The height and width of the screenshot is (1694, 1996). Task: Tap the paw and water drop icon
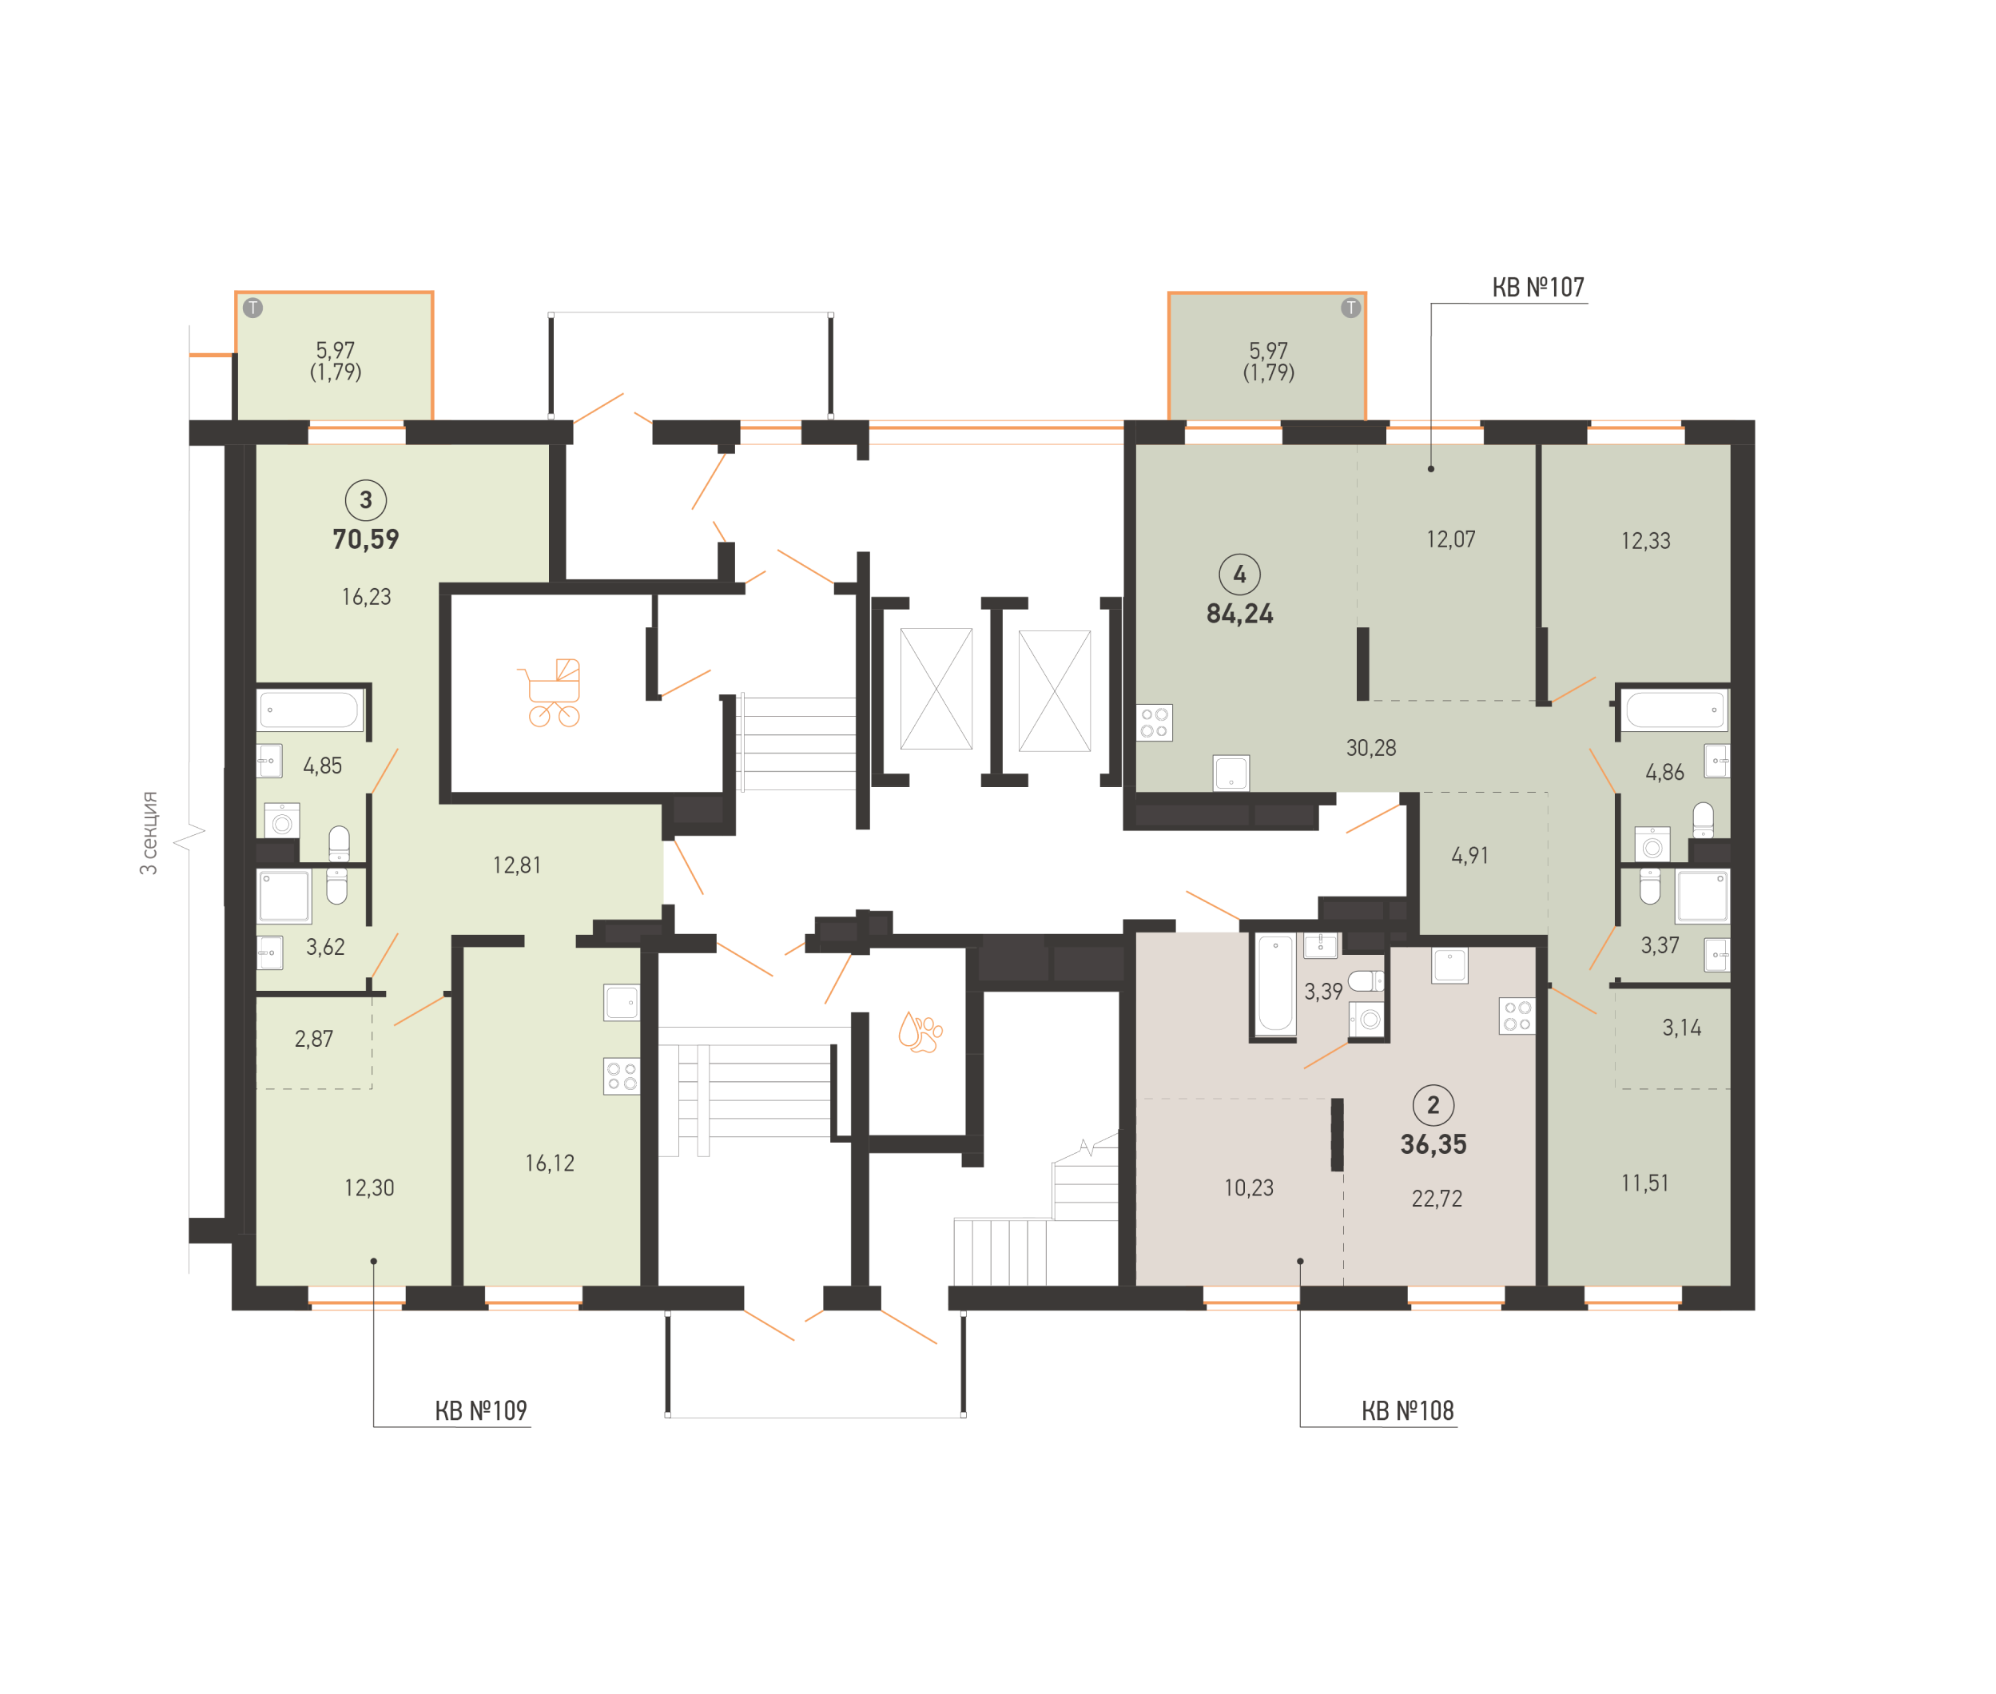[920, 1032]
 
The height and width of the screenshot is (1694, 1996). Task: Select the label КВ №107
[1537, 287]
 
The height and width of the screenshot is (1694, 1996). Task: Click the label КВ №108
[1406, 1410]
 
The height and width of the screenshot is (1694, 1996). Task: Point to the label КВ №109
[480, 1410]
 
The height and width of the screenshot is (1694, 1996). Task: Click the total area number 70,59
[366, 539]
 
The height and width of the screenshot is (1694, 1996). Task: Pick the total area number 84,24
[1239, 614]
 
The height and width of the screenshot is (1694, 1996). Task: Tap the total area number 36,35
[1433, 1143]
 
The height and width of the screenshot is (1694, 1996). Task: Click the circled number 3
[366, 499]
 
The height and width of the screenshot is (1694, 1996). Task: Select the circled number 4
[1239, 575]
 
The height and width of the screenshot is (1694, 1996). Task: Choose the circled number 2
[1433, 1104]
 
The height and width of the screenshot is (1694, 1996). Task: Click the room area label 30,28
[1370, 748]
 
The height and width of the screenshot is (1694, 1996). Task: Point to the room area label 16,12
[549, 1163]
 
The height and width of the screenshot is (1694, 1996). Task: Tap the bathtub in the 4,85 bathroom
[310, 710]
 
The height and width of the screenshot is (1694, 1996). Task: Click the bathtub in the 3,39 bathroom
[1275, 982]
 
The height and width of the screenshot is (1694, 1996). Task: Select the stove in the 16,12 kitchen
[621, 1076]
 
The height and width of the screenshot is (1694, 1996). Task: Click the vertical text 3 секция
[149, 833]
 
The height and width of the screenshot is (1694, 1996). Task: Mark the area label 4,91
[1469, 856]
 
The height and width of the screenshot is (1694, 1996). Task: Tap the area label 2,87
[314, 1039]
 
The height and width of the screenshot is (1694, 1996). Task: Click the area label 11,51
[1644, 1183]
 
